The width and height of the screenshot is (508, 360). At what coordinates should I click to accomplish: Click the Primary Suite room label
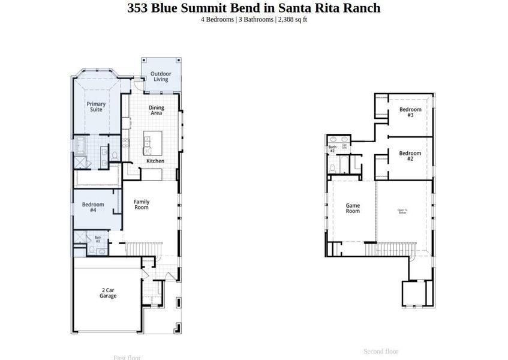click(x=96, y=107)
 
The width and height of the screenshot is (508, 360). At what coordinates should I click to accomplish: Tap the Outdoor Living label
click(x=160, y=77)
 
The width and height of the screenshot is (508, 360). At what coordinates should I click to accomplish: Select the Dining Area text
click(x=156, y=110)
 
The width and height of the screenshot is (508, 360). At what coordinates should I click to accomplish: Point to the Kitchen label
click(x=155, y=161)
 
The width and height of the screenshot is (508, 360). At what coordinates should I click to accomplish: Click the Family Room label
click(x=142, y=205)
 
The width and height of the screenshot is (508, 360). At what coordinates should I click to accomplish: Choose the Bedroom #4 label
click(x=93, y=208)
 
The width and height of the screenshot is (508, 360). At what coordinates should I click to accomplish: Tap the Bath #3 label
click(x=98, y=239)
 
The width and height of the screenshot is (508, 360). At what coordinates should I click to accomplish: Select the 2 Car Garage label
click(x=108, y=293)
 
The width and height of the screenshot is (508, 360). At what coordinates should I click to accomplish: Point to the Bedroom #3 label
click(x=410, y=112)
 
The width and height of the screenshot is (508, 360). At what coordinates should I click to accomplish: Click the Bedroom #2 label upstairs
click(x=410, y=156)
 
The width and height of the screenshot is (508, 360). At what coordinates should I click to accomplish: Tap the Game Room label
click(x=353, y=208)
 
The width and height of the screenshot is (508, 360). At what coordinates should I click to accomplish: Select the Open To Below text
click(x=402, y=211)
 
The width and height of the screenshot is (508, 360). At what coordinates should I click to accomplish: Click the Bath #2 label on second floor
click(x=332, y=148)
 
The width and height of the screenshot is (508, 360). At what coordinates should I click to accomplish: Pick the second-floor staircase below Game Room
click(x=393, y=247)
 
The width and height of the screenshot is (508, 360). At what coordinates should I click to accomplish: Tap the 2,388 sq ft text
click(x=293, y=19)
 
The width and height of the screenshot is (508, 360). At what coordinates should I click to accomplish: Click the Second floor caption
click(x=381, y=352)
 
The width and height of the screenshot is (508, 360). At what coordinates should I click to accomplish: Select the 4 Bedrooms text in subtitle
click(x=217, y=19)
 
